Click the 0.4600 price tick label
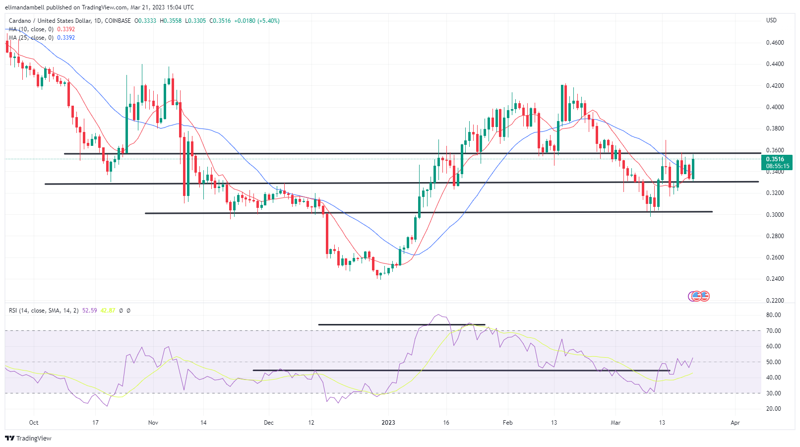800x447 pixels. pyautogui.click(x=775, y=43)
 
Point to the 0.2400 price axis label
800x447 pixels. pyautogui.click(x=775, y=279)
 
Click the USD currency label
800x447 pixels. pyautogui.click(x=771, y=20)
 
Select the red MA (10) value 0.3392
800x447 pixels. pyautogui.click(x=66, y=29)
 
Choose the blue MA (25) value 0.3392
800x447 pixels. pyautogui.click(x=66, y=38)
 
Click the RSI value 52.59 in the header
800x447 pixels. pyautogui.click(x=90, y=311)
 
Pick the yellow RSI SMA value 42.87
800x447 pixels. pyautogui.click(x=108, y=311)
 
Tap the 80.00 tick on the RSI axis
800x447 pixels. pyautogui.click(x=773, y=315)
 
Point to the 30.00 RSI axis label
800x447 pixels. pyautogui.click(x=773, y=393)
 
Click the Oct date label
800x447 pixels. pyautogui.click(x=34, y=423)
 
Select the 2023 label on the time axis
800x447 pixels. pyautogui.click(x=388, y=423)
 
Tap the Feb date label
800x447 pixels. pyautogui.click(x=507, y=423)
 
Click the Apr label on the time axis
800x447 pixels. pyautogui.click(x=735, y=423)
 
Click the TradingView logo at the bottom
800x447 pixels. pyautogui.click(x=28, y=439)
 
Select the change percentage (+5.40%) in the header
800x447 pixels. pyautogui.click(x=268, y=21)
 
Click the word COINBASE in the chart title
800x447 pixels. pyautogui.click(x=118, y=21)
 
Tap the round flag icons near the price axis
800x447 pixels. pyautogui.click(x=699, y=296)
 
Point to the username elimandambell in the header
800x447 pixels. pyautogui.click(x=24, y=7)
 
